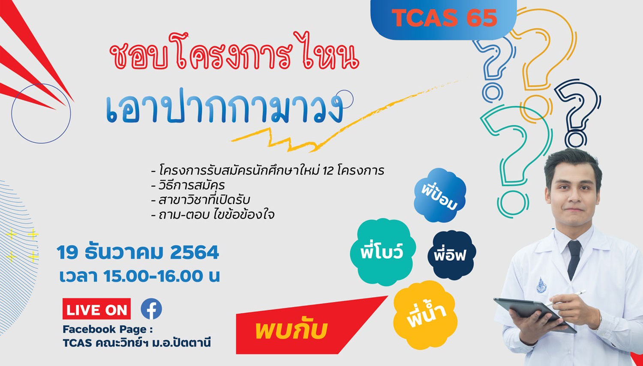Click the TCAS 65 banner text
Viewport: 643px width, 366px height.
pyautogui.click(x=445, y=18)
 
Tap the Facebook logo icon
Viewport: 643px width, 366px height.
pyautogui.click(x=151, y=309)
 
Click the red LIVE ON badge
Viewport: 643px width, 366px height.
pyautogui.click(x=96, y=309)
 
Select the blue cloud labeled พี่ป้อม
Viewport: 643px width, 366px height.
pyautogui.click(x=439, y=195)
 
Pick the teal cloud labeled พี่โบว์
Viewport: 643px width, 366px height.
pyautogui.click(x=383, y=252)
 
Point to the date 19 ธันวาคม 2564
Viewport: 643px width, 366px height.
pyautogui.click(x=138, y=252)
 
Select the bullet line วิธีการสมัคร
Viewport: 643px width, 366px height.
pyautogui.click(x=188, y=185)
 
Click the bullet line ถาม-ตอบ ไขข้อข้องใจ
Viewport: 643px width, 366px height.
pyautogui.click(x=213, y=215)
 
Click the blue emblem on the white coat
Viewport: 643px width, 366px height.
pyautogui.click(x=541, y=285)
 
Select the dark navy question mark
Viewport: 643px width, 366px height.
pyautogui.click(x=577, y=114)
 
